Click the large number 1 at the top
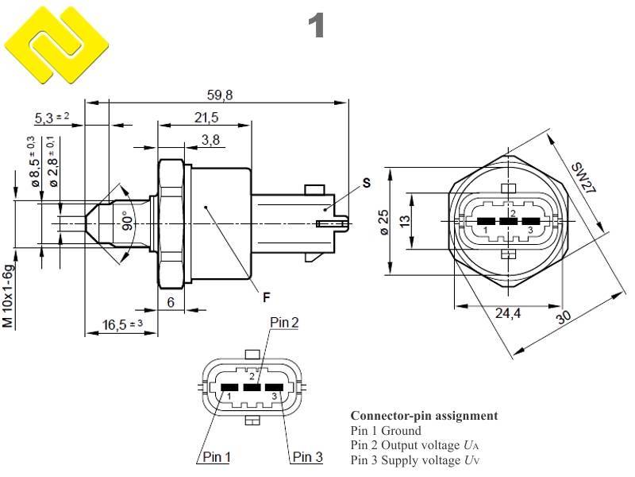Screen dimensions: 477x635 tap(317, 26)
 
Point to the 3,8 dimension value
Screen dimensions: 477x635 tap(210, 140)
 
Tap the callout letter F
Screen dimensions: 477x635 tap(267, 298)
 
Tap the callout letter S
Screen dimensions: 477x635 tap(366, 183)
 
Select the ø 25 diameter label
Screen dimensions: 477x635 tap(383, 222)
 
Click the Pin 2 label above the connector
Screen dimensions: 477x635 tap(284, 322)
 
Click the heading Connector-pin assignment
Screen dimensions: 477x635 tap(424, 416)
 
